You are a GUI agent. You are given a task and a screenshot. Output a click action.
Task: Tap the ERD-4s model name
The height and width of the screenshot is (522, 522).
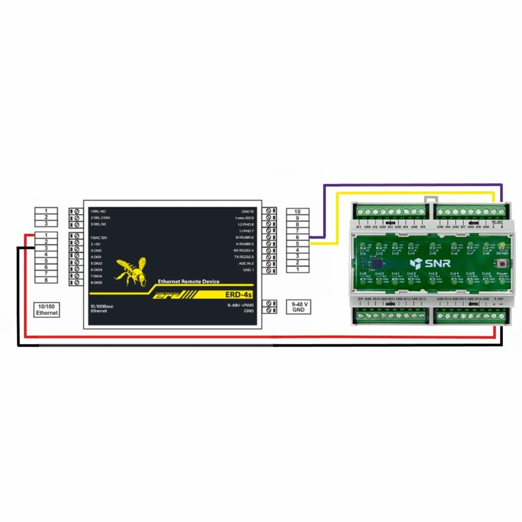pos(239,294)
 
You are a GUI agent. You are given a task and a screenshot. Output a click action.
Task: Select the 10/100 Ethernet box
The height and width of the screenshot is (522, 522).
pos(46,310)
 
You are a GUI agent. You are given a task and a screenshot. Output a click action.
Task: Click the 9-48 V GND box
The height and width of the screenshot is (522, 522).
pos(299,307)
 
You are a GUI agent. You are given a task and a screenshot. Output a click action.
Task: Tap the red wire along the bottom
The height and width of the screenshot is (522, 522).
pos(261,337)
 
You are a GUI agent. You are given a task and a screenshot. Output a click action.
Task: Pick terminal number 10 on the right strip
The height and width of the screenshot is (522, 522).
pos(297,211)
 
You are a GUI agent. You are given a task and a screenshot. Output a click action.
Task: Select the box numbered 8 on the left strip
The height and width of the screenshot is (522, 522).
pos(46,280)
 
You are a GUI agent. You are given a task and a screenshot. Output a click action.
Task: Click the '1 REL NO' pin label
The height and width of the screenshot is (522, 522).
pos(98,211)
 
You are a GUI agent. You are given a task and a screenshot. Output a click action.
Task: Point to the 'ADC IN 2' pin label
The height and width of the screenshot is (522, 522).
pos(246,263)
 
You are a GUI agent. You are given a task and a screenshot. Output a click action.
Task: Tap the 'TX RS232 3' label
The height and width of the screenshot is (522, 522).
pos(244,257)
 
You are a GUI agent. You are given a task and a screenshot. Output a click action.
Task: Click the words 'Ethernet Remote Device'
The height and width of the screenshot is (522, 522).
pos(188,281)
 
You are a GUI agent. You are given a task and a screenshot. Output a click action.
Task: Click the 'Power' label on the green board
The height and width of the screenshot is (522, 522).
pos(502,274)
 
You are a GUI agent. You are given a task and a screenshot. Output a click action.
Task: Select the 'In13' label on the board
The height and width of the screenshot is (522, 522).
pos(433,274)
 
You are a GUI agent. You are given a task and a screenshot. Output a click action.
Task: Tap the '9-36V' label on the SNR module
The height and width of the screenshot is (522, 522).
pos(499,299)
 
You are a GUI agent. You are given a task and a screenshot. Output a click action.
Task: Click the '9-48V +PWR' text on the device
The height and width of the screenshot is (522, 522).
pos(240,305)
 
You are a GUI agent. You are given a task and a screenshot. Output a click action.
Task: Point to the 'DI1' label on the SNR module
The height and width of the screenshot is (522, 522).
pos(359,227)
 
